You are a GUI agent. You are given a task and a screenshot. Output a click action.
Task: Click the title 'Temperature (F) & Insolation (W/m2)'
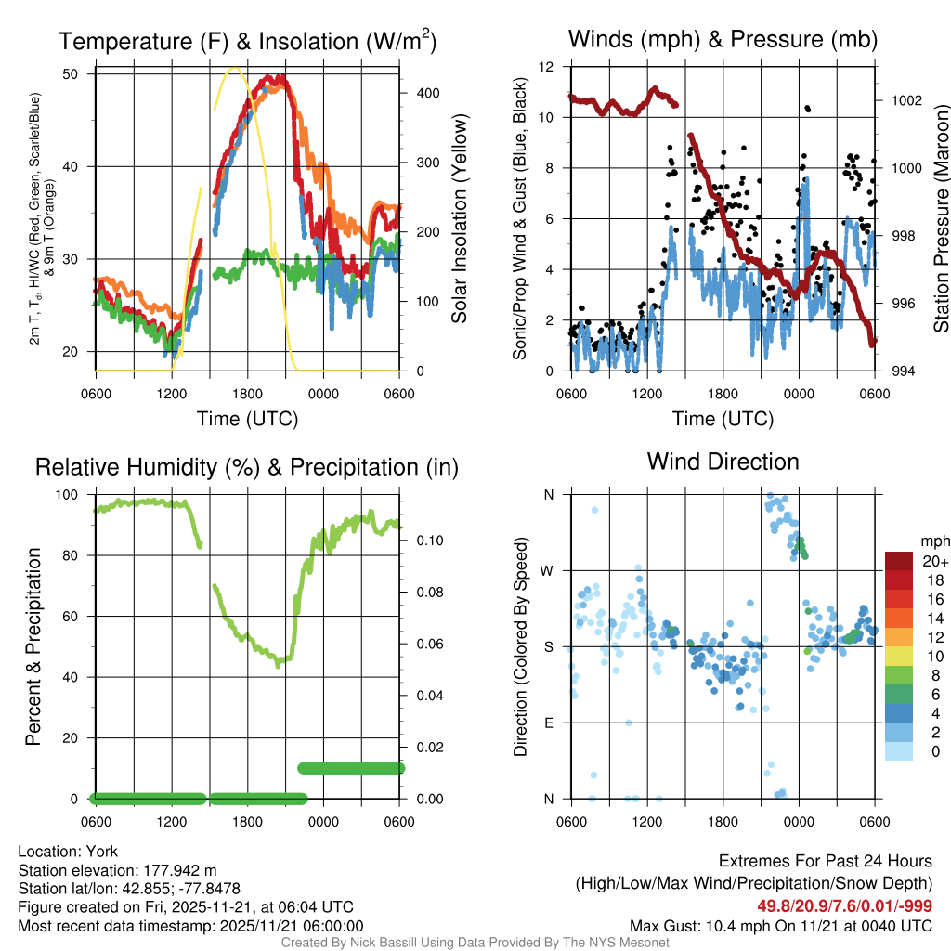coord(247,42)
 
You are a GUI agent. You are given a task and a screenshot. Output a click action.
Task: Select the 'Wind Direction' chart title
coord(723,462)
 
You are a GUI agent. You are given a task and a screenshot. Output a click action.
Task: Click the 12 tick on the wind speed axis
coord(547,67)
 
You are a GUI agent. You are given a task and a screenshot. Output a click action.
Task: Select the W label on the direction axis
coord(548,570)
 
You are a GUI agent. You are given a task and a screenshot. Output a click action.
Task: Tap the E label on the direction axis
coord(548,723)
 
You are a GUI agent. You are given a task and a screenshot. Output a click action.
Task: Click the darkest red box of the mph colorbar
coord(898,562)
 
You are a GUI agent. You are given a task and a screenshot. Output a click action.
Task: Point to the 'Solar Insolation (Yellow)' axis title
coord(459,219)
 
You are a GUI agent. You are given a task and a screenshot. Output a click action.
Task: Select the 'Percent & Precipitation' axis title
coord(33,646)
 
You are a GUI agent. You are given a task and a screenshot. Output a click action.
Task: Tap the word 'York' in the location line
coord(101,852)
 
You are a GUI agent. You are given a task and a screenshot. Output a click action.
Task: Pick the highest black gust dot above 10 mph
coord(807,108)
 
